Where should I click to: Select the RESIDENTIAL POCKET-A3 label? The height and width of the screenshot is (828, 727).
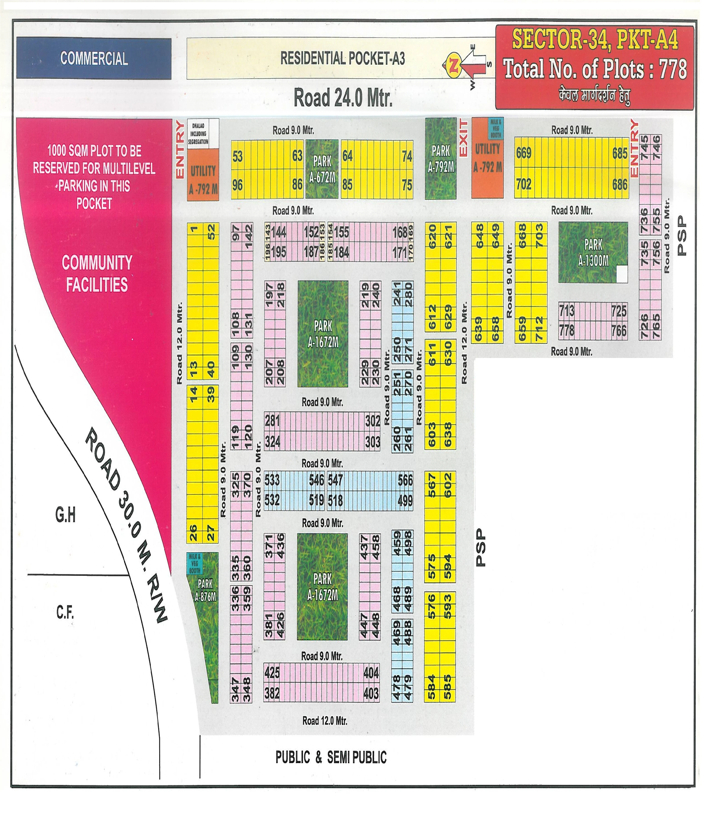click(x=342, y=58)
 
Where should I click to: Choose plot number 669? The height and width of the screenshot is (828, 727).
click(x=524, y=153)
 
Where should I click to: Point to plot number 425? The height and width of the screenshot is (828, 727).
click(x=272, y=673)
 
